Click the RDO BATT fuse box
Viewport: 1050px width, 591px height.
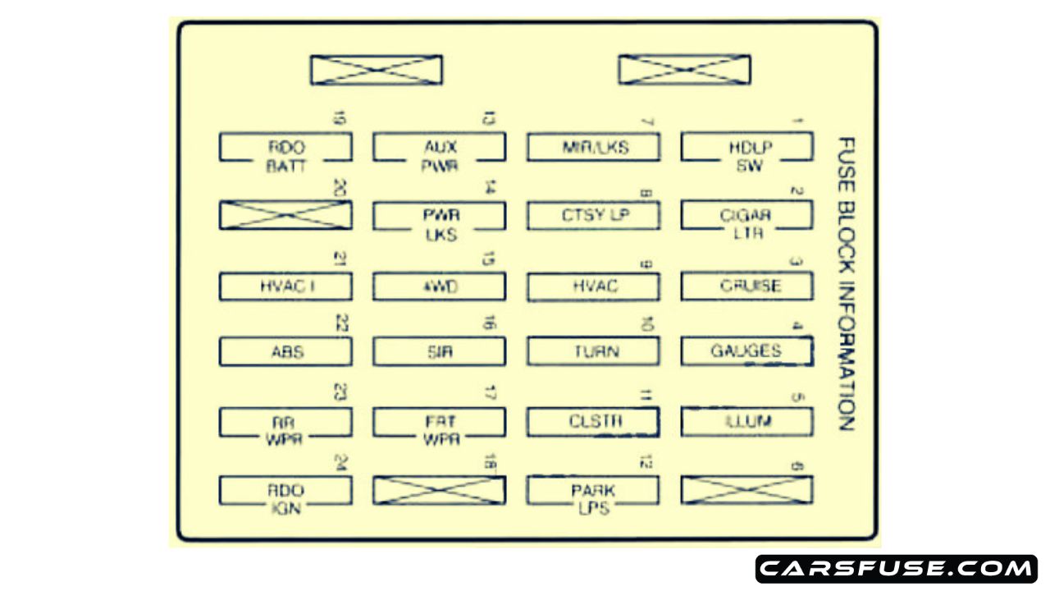pos(285,149)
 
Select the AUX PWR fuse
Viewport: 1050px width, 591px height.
pos(440,149)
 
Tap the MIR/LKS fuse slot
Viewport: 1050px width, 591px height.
pos(593,149)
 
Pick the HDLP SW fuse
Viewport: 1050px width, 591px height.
pos(746,149)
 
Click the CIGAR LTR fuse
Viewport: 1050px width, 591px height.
pos(746,216)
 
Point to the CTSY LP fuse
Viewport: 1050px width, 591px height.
pos(593,216)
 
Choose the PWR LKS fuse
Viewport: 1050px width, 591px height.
pos(440,216)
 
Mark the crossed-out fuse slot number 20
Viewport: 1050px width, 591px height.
pos(285,214)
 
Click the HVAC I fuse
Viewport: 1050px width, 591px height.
pos(285,286)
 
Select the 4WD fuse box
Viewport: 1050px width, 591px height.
pos(440,286)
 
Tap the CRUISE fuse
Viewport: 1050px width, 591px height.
pos(746,286)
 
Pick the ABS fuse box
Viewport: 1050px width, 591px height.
pos(285,352)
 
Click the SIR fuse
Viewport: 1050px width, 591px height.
pos(440,352)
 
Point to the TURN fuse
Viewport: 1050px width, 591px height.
pos(593,352)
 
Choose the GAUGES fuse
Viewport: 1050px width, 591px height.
pos(746,352)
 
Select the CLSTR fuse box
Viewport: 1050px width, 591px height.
pos(593,422)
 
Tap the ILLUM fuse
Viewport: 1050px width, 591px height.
pos(746,422)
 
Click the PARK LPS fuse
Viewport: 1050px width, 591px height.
pos(593,491)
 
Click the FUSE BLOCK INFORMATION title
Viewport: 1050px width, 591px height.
pos(846,284)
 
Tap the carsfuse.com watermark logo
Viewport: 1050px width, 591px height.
pos(896,568)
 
